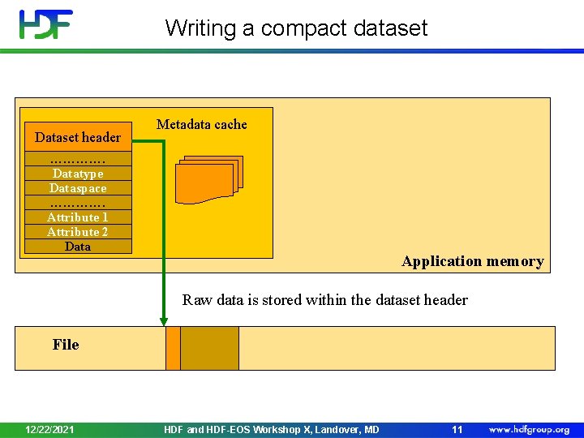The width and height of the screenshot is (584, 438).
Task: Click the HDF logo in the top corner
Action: pyautogui.click(x=46, y=25)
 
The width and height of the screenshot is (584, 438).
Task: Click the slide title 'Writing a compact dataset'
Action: pyautogui.click(x=296, y=28)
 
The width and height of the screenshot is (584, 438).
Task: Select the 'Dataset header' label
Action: pyautogui.click(x=78, y=137)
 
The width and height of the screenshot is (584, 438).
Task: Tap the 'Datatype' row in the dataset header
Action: pyautogui.click(x=78, y=174)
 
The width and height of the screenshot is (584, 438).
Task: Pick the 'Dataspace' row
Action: pyautogui.click(x=78, y=188)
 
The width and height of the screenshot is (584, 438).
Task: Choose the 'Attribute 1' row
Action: pyautogui.click(x=78, y=217)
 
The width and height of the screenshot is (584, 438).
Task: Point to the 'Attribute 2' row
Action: pyautogui.click(x=78, y=232)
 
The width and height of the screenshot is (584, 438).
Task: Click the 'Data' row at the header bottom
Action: pyautogui.click(x=78, y=247)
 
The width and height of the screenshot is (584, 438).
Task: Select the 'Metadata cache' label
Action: pyautogui.click(x=201, y=124)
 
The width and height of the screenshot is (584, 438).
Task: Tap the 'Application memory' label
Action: pyautogui.click(x=472, y=261)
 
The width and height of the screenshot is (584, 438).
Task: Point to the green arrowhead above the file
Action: pyautogui.click(x=164, y=320)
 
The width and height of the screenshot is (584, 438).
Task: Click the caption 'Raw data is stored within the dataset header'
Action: pyautogui.click(x=324, y=300)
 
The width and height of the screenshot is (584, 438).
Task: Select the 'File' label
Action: pyautogui.click(x=66, y=345)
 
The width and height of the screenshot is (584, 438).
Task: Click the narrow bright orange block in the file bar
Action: pyautogui.click(x=173, y=348)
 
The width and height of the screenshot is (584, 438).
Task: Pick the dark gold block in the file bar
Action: pyautogui.click(x=209, y=348)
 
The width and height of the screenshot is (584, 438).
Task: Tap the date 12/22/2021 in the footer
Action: pyautogui.click(x=50, y=429)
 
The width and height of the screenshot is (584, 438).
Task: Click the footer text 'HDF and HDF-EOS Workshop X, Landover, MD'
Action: pyautogui.click(x=271, y=429)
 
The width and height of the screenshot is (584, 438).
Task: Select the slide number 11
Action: pyautogui.click(x=457, y=429)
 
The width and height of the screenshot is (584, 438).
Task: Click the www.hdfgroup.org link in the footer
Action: pyautogui.click(x=529, y=429)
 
